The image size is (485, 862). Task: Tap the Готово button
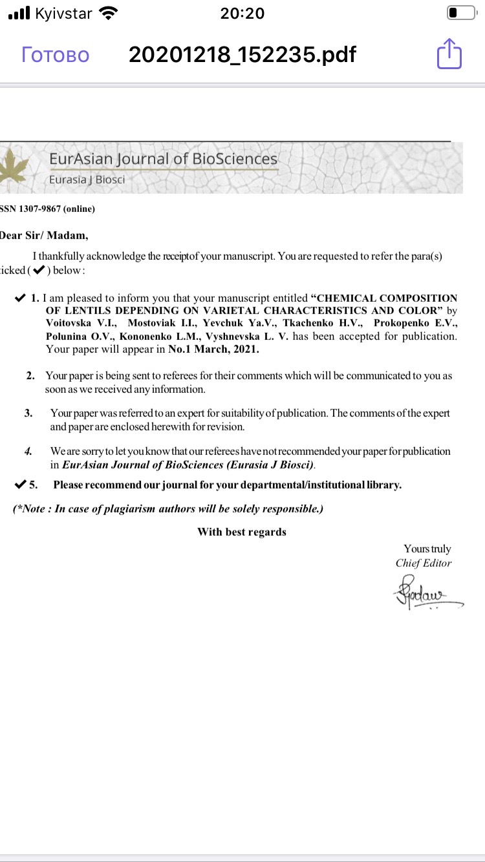[56, 54]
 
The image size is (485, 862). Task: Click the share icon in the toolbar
[449, 54]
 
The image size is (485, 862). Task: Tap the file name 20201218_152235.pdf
[242, 54]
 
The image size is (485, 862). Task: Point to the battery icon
[460, 13]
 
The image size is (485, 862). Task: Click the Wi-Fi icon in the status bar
[109, 13]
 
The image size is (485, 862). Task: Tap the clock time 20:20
[242, 13]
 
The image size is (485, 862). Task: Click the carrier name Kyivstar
[63, 13]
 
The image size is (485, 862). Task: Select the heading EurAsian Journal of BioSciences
[163, 159]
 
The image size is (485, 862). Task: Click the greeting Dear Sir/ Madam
[44, 235]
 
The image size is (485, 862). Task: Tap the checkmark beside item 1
[20, 299]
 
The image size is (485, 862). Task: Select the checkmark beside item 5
[20, 485]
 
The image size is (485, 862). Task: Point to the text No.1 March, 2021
[218, 350]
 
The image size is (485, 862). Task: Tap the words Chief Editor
[424, 563]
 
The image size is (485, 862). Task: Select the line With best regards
[242, 532]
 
